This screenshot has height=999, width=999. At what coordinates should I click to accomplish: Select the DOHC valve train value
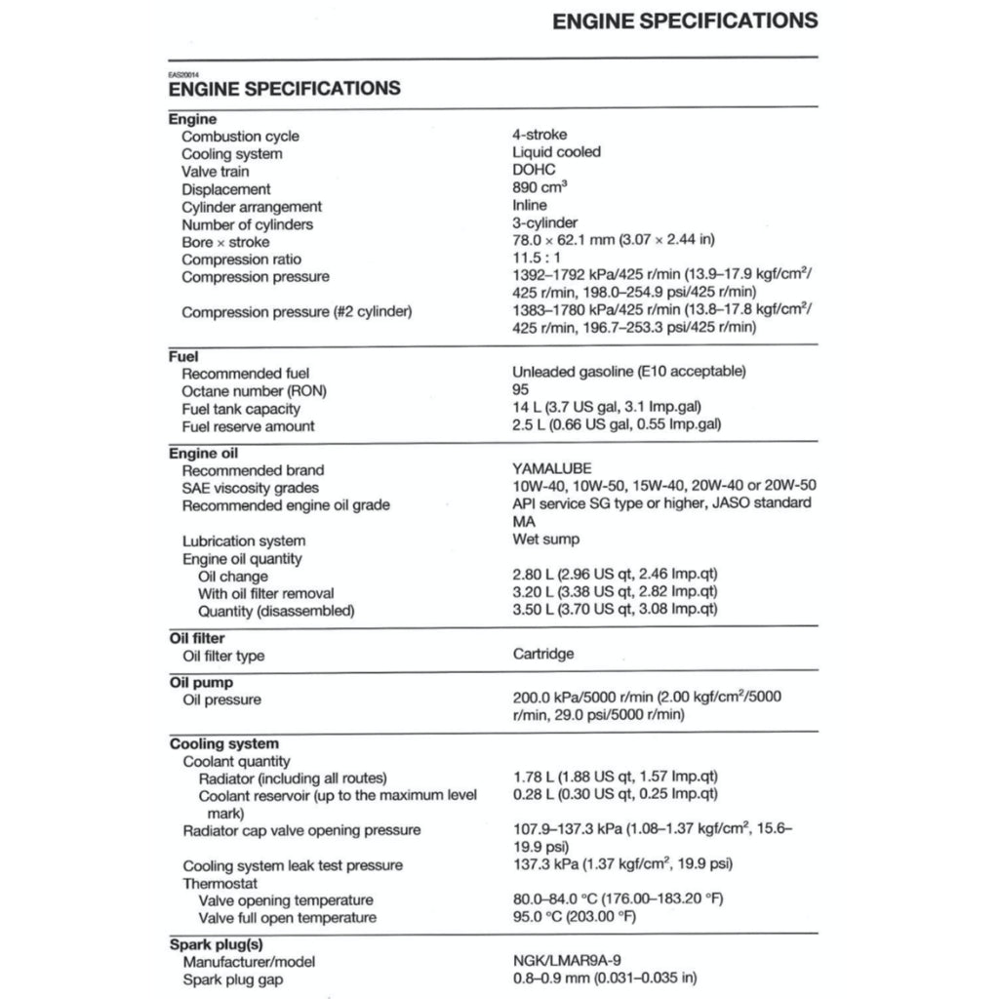(534, 170)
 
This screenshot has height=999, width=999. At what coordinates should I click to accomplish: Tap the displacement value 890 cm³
(540, 187)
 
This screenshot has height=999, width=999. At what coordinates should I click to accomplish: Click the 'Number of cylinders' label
(248, 224)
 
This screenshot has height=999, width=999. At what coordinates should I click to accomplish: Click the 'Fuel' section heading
(184, 357)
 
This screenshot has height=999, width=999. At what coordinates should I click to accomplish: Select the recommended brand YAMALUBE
(552, 469)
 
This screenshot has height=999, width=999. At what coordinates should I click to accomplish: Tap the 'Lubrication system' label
(244, 540)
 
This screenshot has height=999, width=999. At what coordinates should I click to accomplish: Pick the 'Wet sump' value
(545, 539)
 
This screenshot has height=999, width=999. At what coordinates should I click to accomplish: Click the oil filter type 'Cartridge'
(543, 654)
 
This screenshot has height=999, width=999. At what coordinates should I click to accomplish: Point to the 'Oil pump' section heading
(201, 683)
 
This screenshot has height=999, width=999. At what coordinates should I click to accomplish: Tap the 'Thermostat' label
(220, 883)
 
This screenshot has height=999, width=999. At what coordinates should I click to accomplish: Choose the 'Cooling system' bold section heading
(224, 743)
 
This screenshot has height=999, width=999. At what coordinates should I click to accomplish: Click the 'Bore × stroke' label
(226, 242)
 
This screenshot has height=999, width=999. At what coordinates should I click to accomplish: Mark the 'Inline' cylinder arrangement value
(530, 205)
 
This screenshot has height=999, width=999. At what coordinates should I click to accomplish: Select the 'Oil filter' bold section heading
(197, 638)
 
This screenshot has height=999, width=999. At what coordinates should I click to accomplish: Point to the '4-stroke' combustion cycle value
(539, 135)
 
